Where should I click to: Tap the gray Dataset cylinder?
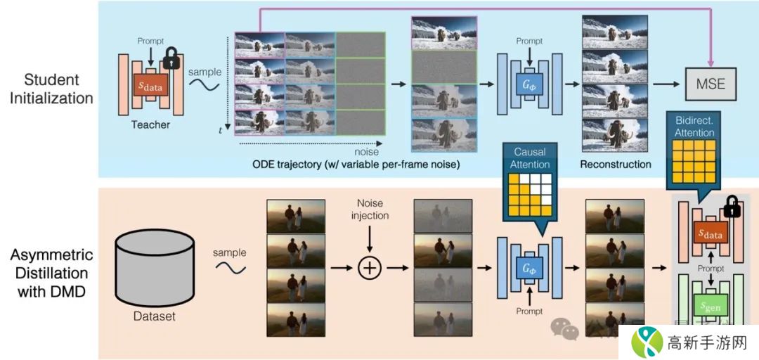154,267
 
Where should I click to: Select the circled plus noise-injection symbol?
369,268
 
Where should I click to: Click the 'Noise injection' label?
370,209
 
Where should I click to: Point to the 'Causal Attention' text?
529,158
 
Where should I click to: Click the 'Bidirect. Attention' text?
694,127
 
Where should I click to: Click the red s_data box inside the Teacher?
150,86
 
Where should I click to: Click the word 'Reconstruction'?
615,164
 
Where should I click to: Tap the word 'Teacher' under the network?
150,125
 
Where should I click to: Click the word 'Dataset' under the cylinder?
154,316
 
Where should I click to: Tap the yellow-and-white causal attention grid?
529,194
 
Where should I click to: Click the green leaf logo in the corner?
648,342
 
